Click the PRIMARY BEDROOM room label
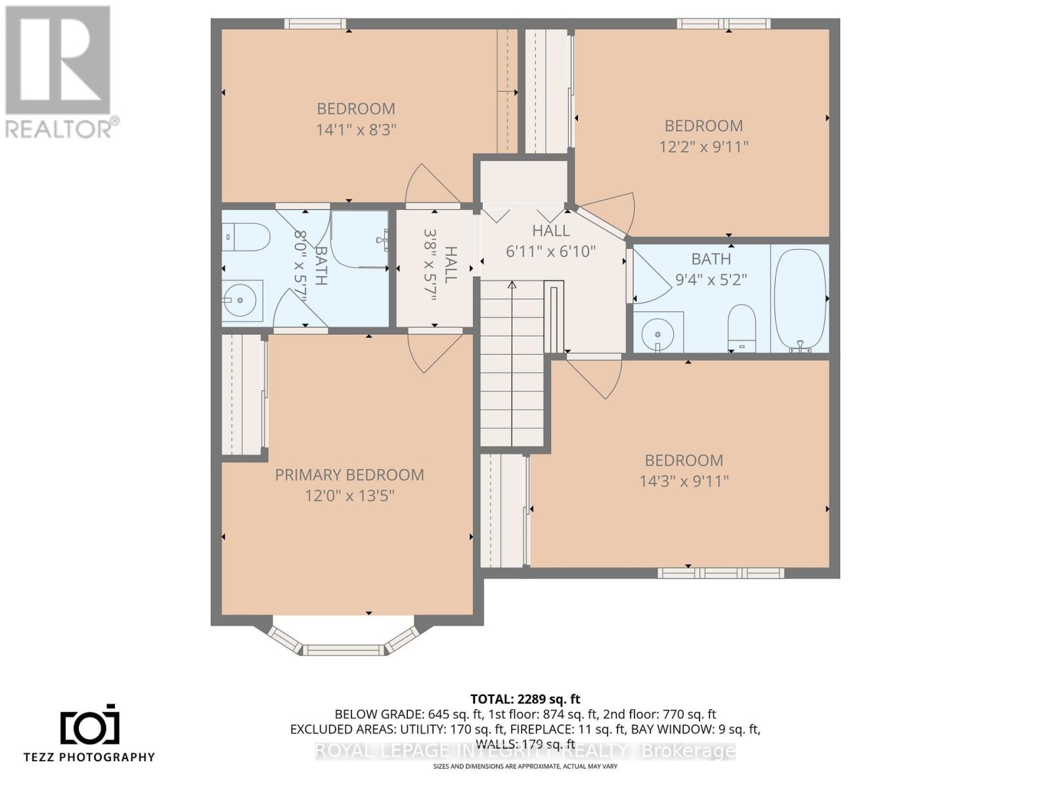[x=349, y=475]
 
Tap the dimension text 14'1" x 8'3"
[x=356, y=129]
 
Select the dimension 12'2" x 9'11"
[x=704, y=146]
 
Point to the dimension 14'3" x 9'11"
[x=684, y=481]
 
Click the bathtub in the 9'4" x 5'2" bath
[x=799, y=299]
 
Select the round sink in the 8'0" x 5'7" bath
[x=241, y=301]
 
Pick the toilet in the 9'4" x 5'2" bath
[x=742, y=327]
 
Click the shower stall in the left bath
[x=359, y=239]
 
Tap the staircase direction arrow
[x=512, y=285]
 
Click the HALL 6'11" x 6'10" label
[x=550, y=240]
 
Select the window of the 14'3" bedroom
[x=721, y=573]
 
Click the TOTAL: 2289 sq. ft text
[x=525, y=699]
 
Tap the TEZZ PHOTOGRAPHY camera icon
[x=90, y=726]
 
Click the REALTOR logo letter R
[x=58, y=60]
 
